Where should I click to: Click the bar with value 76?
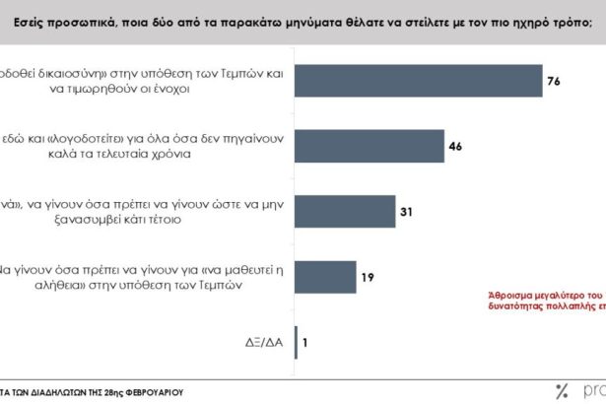coord(419,82)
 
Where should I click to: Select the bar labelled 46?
coord(370,147)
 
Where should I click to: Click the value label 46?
coord(455,147)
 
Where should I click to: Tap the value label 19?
coord(367,277)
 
